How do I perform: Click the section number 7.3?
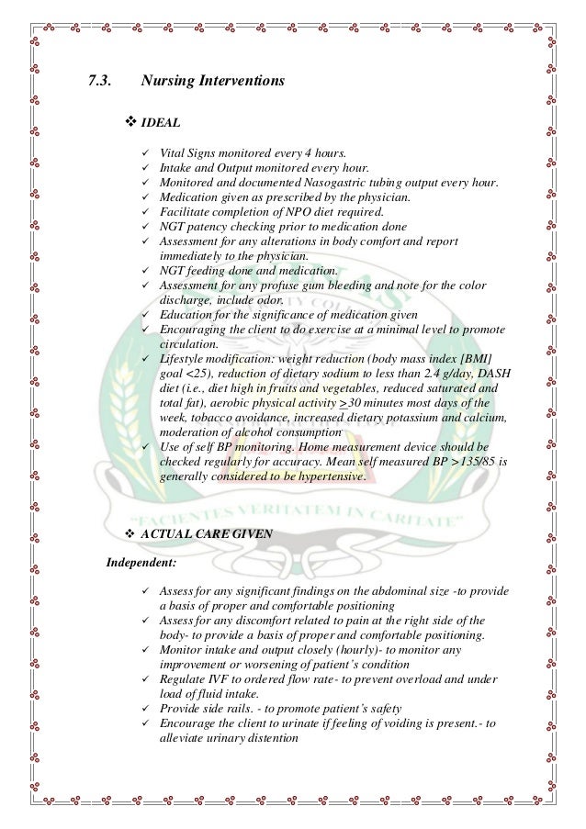(x=99, y=82)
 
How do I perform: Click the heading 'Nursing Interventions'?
(x=213, y=82)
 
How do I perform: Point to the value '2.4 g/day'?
(x=420, y=373)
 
